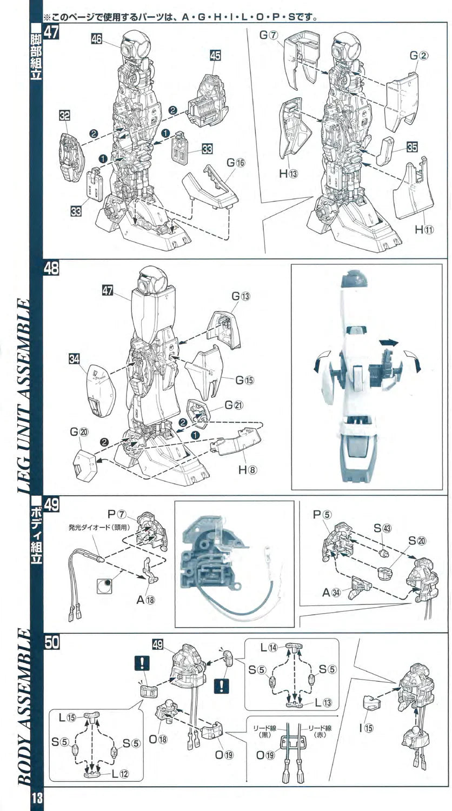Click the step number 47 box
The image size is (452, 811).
click(x=52, y=31)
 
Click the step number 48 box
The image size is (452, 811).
click(x=52, y=269)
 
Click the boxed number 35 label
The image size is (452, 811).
click(x=413, y=145)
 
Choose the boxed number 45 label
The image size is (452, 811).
click(x=215, y=56)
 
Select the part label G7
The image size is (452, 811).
click(x=268, y=35)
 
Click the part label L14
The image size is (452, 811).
click(x=268, y=647)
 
